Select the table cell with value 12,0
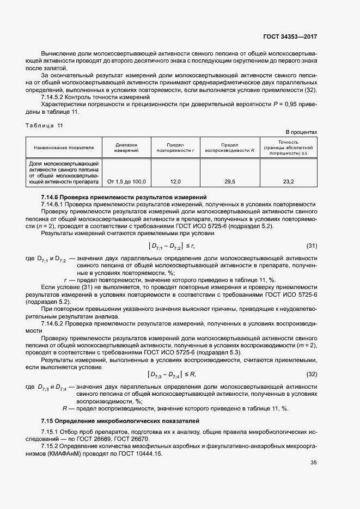pyautogui.click(x=175, y=181)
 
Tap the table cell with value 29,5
pyautogui.click(x=230, y=181)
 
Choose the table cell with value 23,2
pyautogui.click(x=288, y=181)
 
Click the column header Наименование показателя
pyautogui.click(x=64, y=147)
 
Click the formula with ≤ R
pyautogui.click(x=171, y=374)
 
